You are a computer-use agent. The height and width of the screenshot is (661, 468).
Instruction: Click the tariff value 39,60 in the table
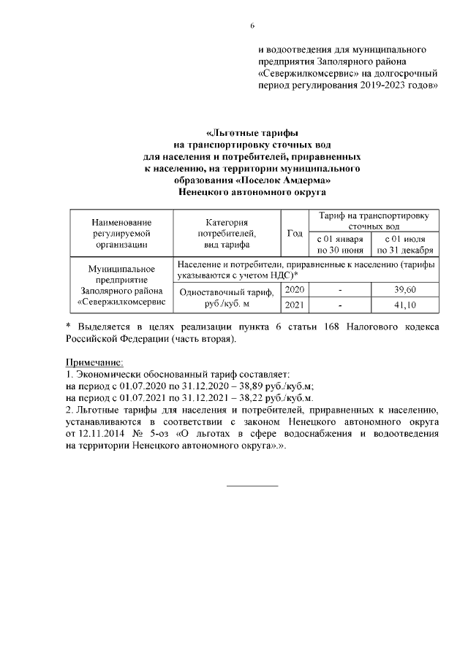tap(404, 290)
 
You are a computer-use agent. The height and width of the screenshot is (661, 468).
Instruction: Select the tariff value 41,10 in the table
tap(404, 305)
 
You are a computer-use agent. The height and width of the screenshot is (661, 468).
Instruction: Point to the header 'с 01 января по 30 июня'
tap(340, 244)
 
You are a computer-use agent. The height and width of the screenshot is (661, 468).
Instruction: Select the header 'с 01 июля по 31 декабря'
tap(404, 244)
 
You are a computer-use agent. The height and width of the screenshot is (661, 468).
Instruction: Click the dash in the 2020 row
tap(340, 291)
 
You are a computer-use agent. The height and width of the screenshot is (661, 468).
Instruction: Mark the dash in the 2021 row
tap(340, 305)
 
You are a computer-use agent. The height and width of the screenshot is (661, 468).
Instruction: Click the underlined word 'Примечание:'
tap(95, 362)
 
